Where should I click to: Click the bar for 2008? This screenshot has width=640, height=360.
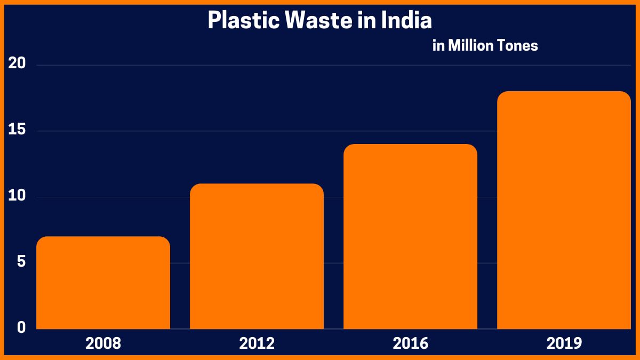103,283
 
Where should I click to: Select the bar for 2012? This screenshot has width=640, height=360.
257,256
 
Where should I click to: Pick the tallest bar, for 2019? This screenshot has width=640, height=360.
564,210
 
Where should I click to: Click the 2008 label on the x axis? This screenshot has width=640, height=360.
103,343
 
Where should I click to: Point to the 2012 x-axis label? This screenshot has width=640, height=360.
257,343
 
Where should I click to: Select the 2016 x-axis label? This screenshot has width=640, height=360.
410,343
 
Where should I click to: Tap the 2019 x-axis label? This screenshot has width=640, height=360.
564,343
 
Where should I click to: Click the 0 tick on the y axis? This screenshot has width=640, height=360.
21,327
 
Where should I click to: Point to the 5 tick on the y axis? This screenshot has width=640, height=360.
21,262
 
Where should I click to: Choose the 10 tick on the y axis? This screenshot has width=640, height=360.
17,196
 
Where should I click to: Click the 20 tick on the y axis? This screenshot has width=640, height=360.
17,64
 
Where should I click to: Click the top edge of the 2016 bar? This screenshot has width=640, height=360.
410,145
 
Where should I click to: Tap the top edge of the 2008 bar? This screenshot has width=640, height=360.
103,237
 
